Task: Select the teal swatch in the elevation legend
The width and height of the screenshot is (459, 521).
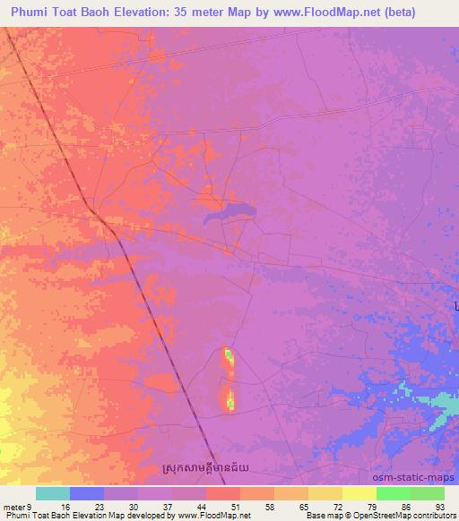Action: point(53,493)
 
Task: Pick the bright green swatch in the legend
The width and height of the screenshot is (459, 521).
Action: point(393,493)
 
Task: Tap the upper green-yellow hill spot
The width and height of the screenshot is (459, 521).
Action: point(229,356)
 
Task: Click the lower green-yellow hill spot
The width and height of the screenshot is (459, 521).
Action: point(230,399)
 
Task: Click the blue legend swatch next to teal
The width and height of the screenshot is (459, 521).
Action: point(87,493)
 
